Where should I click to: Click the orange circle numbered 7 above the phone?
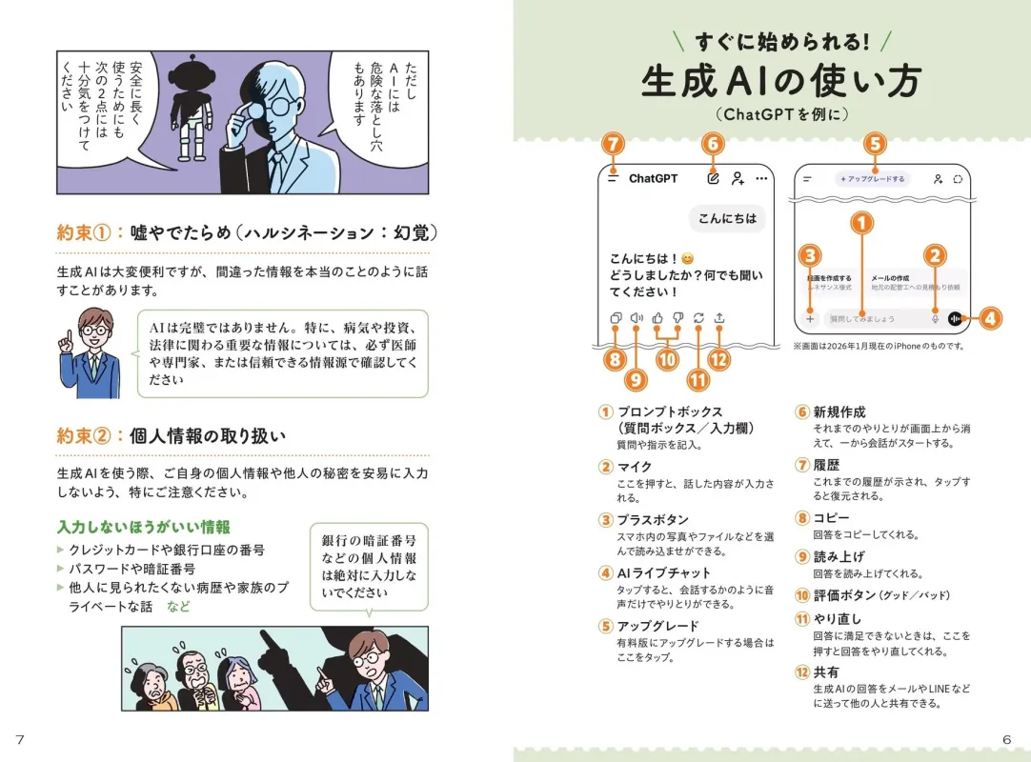click(x=614, y=144)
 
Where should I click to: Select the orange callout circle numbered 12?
click(x=718, y=359)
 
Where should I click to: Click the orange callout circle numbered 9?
click(x=636, y=378)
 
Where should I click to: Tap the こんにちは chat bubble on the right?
click(x=727, y=218)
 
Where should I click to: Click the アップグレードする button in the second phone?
click(x=872, y=178)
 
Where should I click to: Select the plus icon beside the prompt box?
click(x=810, y=319)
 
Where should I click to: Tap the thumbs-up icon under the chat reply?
click(x=657, y=318)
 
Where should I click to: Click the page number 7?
click(x=20, y=740)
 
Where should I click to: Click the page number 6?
click(x=1006, y=740)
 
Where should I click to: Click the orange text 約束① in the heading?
click(x=84, y=231)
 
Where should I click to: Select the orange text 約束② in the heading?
click(x=84, y=435)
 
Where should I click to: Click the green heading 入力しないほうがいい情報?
click(x=143, y=527)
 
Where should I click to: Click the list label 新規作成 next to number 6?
click(x=839, y=411)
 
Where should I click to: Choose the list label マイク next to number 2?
click(x=635, y=466)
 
